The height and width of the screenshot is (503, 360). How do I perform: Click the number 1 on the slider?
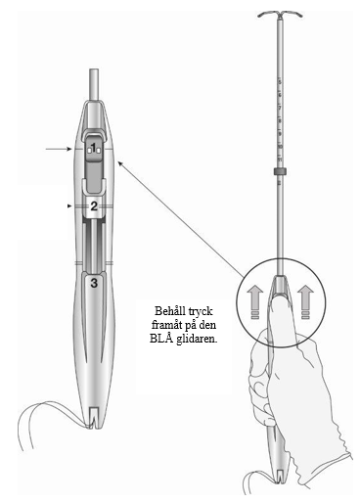click(94, 149)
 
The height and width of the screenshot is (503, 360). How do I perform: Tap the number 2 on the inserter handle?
click(94, 206)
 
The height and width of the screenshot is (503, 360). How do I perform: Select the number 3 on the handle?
click(94, 283)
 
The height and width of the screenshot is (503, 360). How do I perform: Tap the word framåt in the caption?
click(166, 325)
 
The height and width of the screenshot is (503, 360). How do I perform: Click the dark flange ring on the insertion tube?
click(280, 172)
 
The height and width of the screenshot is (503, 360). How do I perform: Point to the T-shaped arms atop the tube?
click(280, 15)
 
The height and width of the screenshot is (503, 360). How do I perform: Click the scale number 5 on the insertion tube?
click(280, 82)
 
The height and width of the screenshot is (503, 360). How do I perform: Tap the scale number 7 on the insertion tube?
click(280, 108)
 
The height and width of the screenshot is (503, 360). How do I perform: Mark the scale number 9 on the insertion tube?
click(280, 134)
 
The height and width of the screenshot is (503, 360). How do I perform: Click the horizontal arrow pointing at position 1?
click(59, 149)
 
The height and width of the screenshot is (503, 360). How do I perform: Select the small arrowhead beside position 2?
click(69, 206)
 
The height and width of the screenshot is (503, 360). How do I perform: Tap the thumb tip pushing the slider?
click(282, 298)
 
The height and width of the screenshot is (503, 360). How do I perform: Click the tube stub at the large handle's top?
click(94, 85)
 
